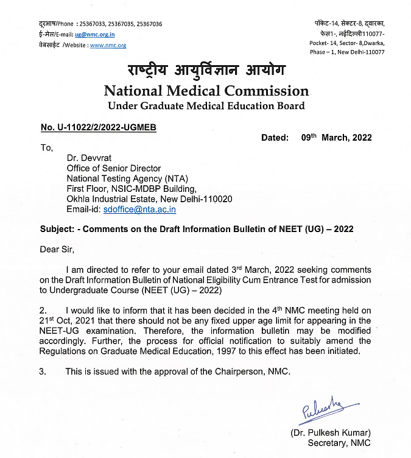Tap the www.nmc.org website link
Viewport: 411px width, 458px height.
tap(108, 45)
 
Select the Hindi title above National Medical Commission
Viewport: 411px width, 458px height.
tap(205, 71)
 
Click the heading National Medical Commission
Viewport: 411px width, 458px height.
tap(206, 91)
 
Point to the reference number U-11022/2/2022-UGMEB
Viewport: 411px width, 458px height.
tap(99, 127)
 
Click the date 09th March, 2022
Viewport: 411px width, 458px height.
tap(336, 138)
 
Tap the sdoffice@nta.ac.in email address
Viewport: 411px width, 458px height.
tap(139, 209)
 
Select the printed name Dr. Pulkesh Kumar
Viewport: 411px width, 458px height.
tap(329, 433)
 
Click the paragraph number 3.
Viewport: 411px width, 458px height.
tap(43, 371)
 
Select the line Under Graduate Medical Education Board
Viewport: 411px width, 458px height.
tap(206, 107)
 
